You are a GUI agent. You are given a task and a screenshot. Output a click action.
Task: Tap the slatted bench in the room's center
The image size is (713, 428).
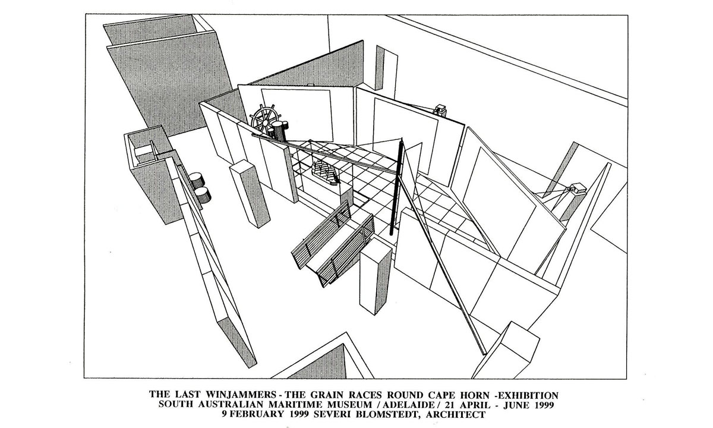click(333, 245)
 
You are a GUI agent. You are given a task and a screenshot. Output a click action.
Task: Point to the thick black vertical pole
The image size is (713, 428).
click(397, 187)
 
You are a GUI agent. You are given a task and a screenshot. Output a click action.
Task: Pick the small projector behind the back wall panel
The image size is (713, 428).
click(440, 109)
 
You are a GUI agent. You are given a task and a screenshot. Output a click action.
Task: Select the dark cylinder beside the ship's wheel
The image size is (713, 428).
click(277, 131)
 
